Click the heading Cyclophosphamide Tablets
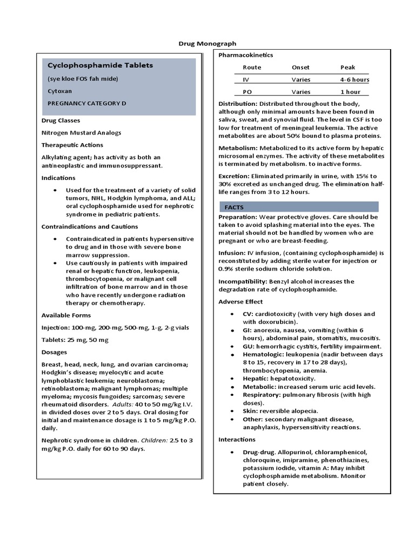click(x=100, y=65)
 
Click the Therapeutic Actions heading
click(x=72, y=145)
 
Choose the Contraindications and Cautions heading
click(x=86, y=226)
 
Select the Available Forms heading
click(x=66, y=315)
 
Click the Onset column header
click(x=300, y=68)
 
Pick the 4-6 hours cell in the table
click(x=354, y=79)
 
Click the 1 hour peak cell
click(x=350, y=92)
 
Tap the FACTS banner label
click(x=234, y=207)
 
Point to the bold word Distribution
click(x=238, y=103)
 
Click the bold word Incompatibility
click(x=241, y=281)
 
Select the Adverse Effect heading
click(x=240, y=301)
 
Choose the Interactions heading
click(x=237, y=440)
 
